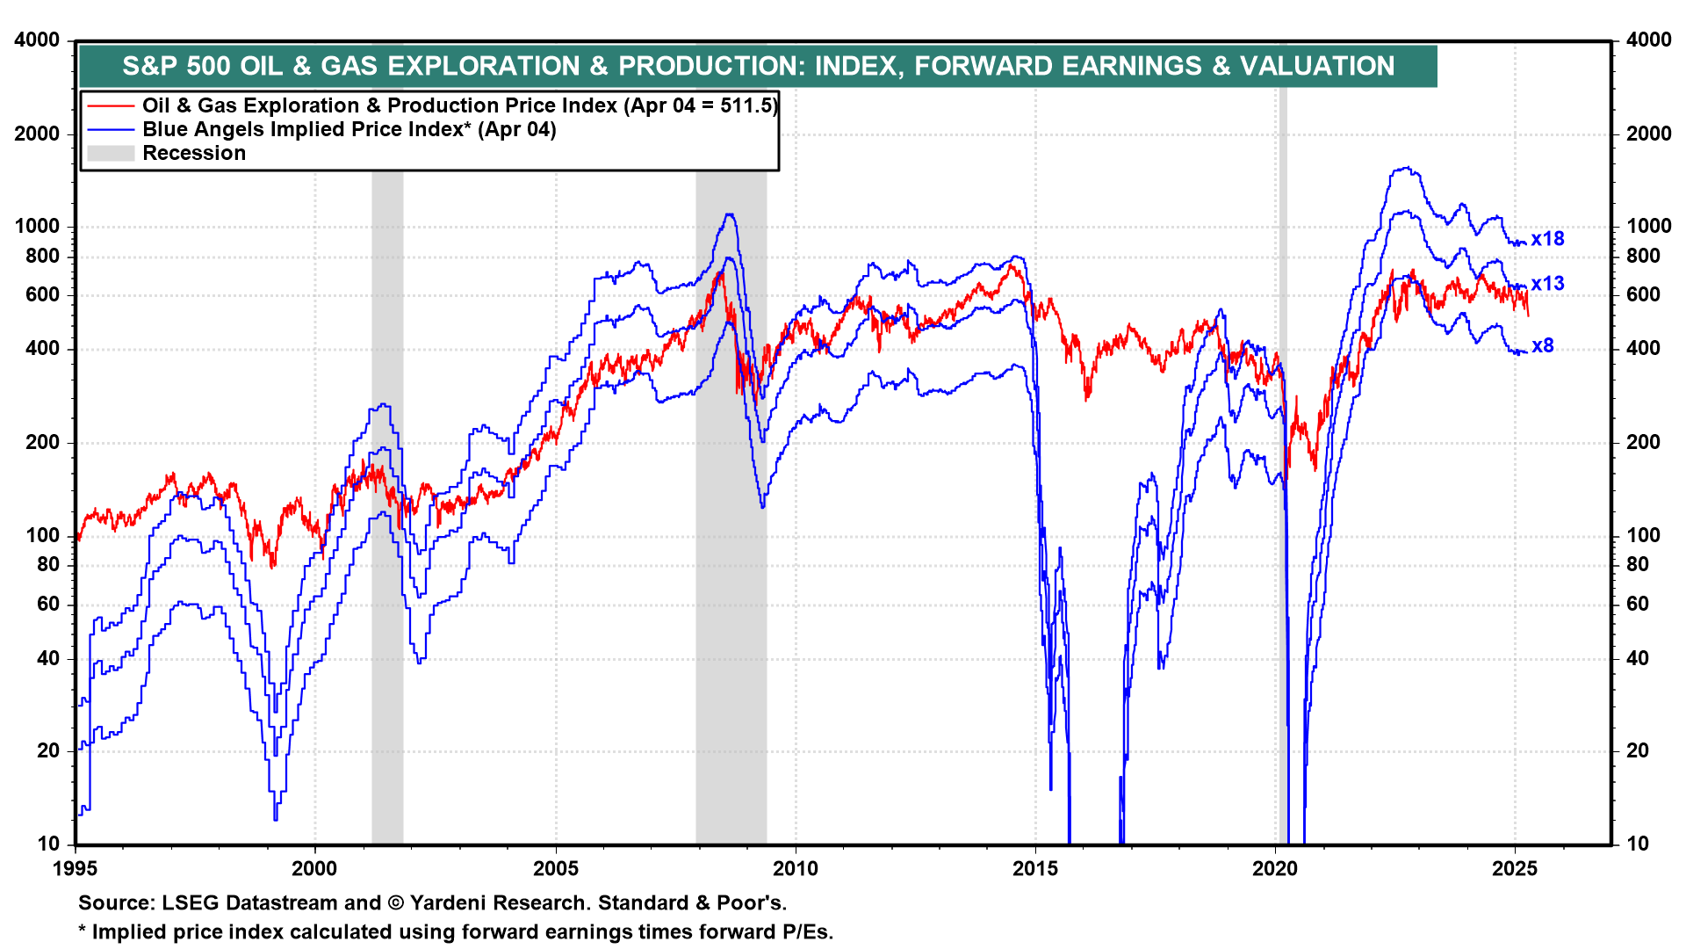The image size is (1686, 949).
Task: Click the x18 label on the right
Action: click(x=1547, y=239)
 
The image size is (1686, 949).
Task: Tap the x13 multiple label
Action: click(x=1547, y=284)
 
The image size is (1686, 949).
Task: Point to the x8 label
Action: click(x=1543, y=346)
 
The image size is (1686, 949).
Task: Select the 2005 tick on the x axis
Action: click(x=556, y=869)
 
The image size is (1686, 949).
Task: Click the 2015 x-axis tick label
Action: click(x=1035, y=869)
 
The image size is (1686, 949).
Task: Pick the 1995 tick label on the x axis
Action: click(x=76, y=869)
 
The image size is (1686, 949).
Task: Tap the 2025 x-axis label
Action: click(x=1515, y=869)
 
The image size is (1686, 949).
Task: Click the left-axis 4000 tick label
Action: click(x=38, y=40)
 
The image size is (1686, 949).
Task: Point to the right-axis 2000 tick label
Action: click(x=1648, y=134)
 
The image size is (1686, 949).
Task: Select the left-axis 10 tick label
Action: click(x=48, y=844)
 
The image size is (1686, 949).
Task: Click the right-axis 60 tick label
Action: click(x=1638, y=604)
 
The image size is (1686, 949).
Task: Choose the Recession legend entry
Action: click(x=194, y=153)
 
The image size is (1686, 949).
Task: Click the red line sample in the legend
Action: click(x=111, y=106)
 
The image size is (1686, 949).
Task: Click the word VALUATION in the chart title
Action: click(x=1316, y=66)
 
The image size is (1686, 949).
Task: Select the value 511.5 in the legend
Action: click(x=747, y=105)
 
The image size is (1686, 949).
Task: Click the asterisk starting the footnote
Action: click(x=83, y=932)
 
